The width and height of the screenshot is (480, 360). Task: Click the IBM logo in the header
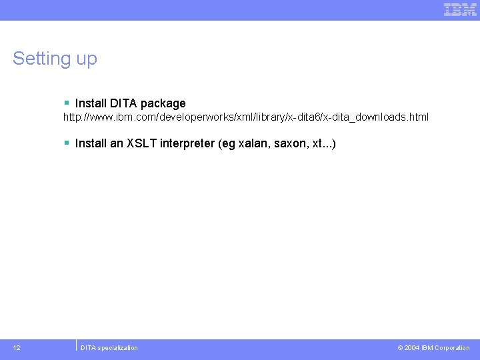click(460, 9)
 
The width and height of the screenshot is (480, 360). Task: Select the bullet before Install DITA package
click(67, 103)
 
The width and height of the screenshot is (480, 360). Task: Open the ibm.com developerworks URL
click(246, 117)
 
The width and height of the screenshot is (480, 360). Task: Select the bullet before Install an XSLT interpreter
click(67, 143)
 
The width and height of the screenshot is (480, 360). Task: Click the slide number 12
click(17, 347)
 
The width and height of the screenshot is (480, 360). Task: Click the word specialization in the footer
click(118, 348)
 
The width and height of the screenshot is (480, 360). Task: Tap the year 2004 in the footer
click(412, 348)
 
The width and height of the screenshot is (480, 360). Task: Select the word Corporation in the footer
click(452, 348)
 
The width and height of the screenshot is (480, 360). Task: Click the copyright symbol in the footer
click(400, 348)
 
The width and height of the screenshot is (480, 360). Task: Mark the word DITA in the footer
click(88, 348)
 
